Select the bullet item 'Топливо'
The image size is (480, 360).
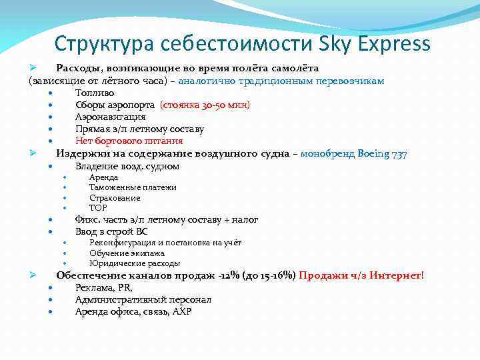(95, 93)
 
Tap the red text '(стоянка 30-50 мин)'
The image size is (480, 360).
(205, 105)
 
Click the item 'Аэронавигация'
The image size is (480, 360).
(110, 117)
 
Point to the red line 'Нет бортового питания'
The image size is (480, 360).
(129, 141)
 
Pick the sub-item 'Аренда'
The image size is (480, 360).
(103, 177)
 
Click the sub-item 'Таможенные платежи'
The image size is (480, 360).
(133, 187)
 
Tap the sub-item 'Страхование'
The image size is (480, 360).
(115, 197)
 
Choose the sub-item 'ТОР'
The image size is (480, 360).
(98, 207)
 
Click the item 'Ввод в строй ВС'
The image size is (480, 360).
(111, 231)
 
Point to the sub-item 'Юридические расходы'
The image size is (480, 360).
(135, 263)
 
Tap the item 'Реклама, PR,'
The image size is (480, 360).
(103, 287)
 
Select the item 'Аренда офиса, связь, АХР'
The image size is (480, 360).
(133, 311)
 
